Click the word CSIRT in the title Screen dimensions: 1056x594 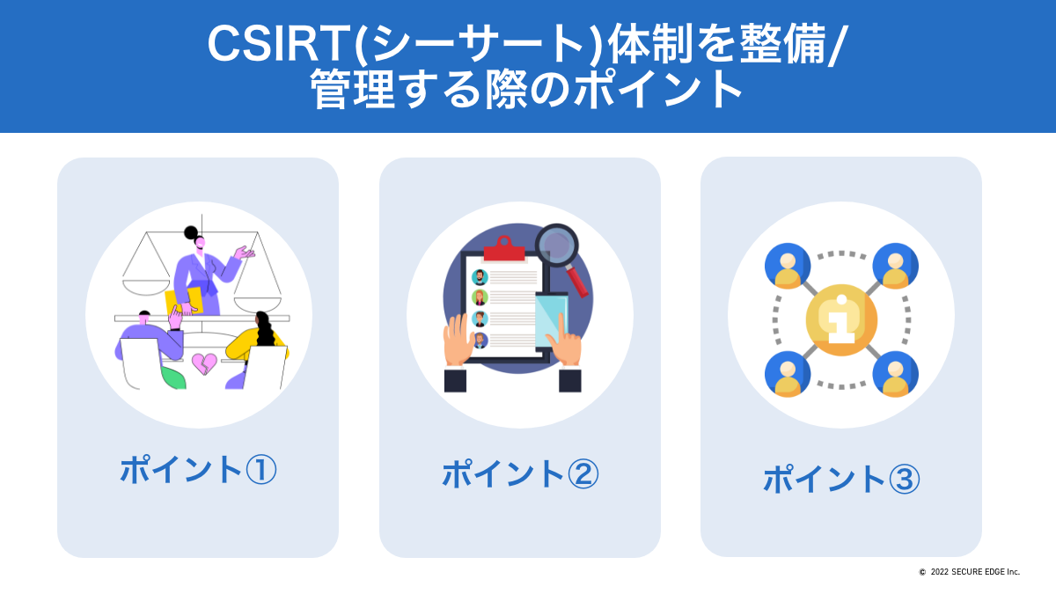[279, 44]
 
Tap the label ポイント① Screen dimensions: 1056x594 [198, 470]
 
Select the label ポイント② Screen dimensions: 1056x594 [520, 473]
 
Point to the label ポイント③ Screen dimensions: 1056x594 [841, 479]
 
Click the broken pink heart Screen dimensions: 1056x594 [204, 363]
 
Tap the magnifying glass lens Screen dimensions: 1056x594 [557, 246]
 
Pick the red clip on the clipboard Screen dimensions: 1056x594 [504, 248]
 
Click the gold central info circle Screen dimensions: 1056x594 [841, 319]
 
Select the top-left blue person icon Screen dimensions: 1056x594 [788, 266]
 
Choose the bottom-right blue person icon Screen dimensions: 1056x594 [895, 374]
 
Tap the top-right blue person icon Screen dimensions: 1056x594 [895, 266]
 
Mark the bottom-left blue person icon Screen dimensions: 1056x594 [788, 374]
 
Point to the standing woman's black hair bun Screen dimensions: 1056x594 [191, 232]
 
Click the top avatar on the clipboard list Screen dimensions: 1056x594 [480, 277]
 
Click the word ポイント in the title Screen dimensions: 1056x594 [656, 90]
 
